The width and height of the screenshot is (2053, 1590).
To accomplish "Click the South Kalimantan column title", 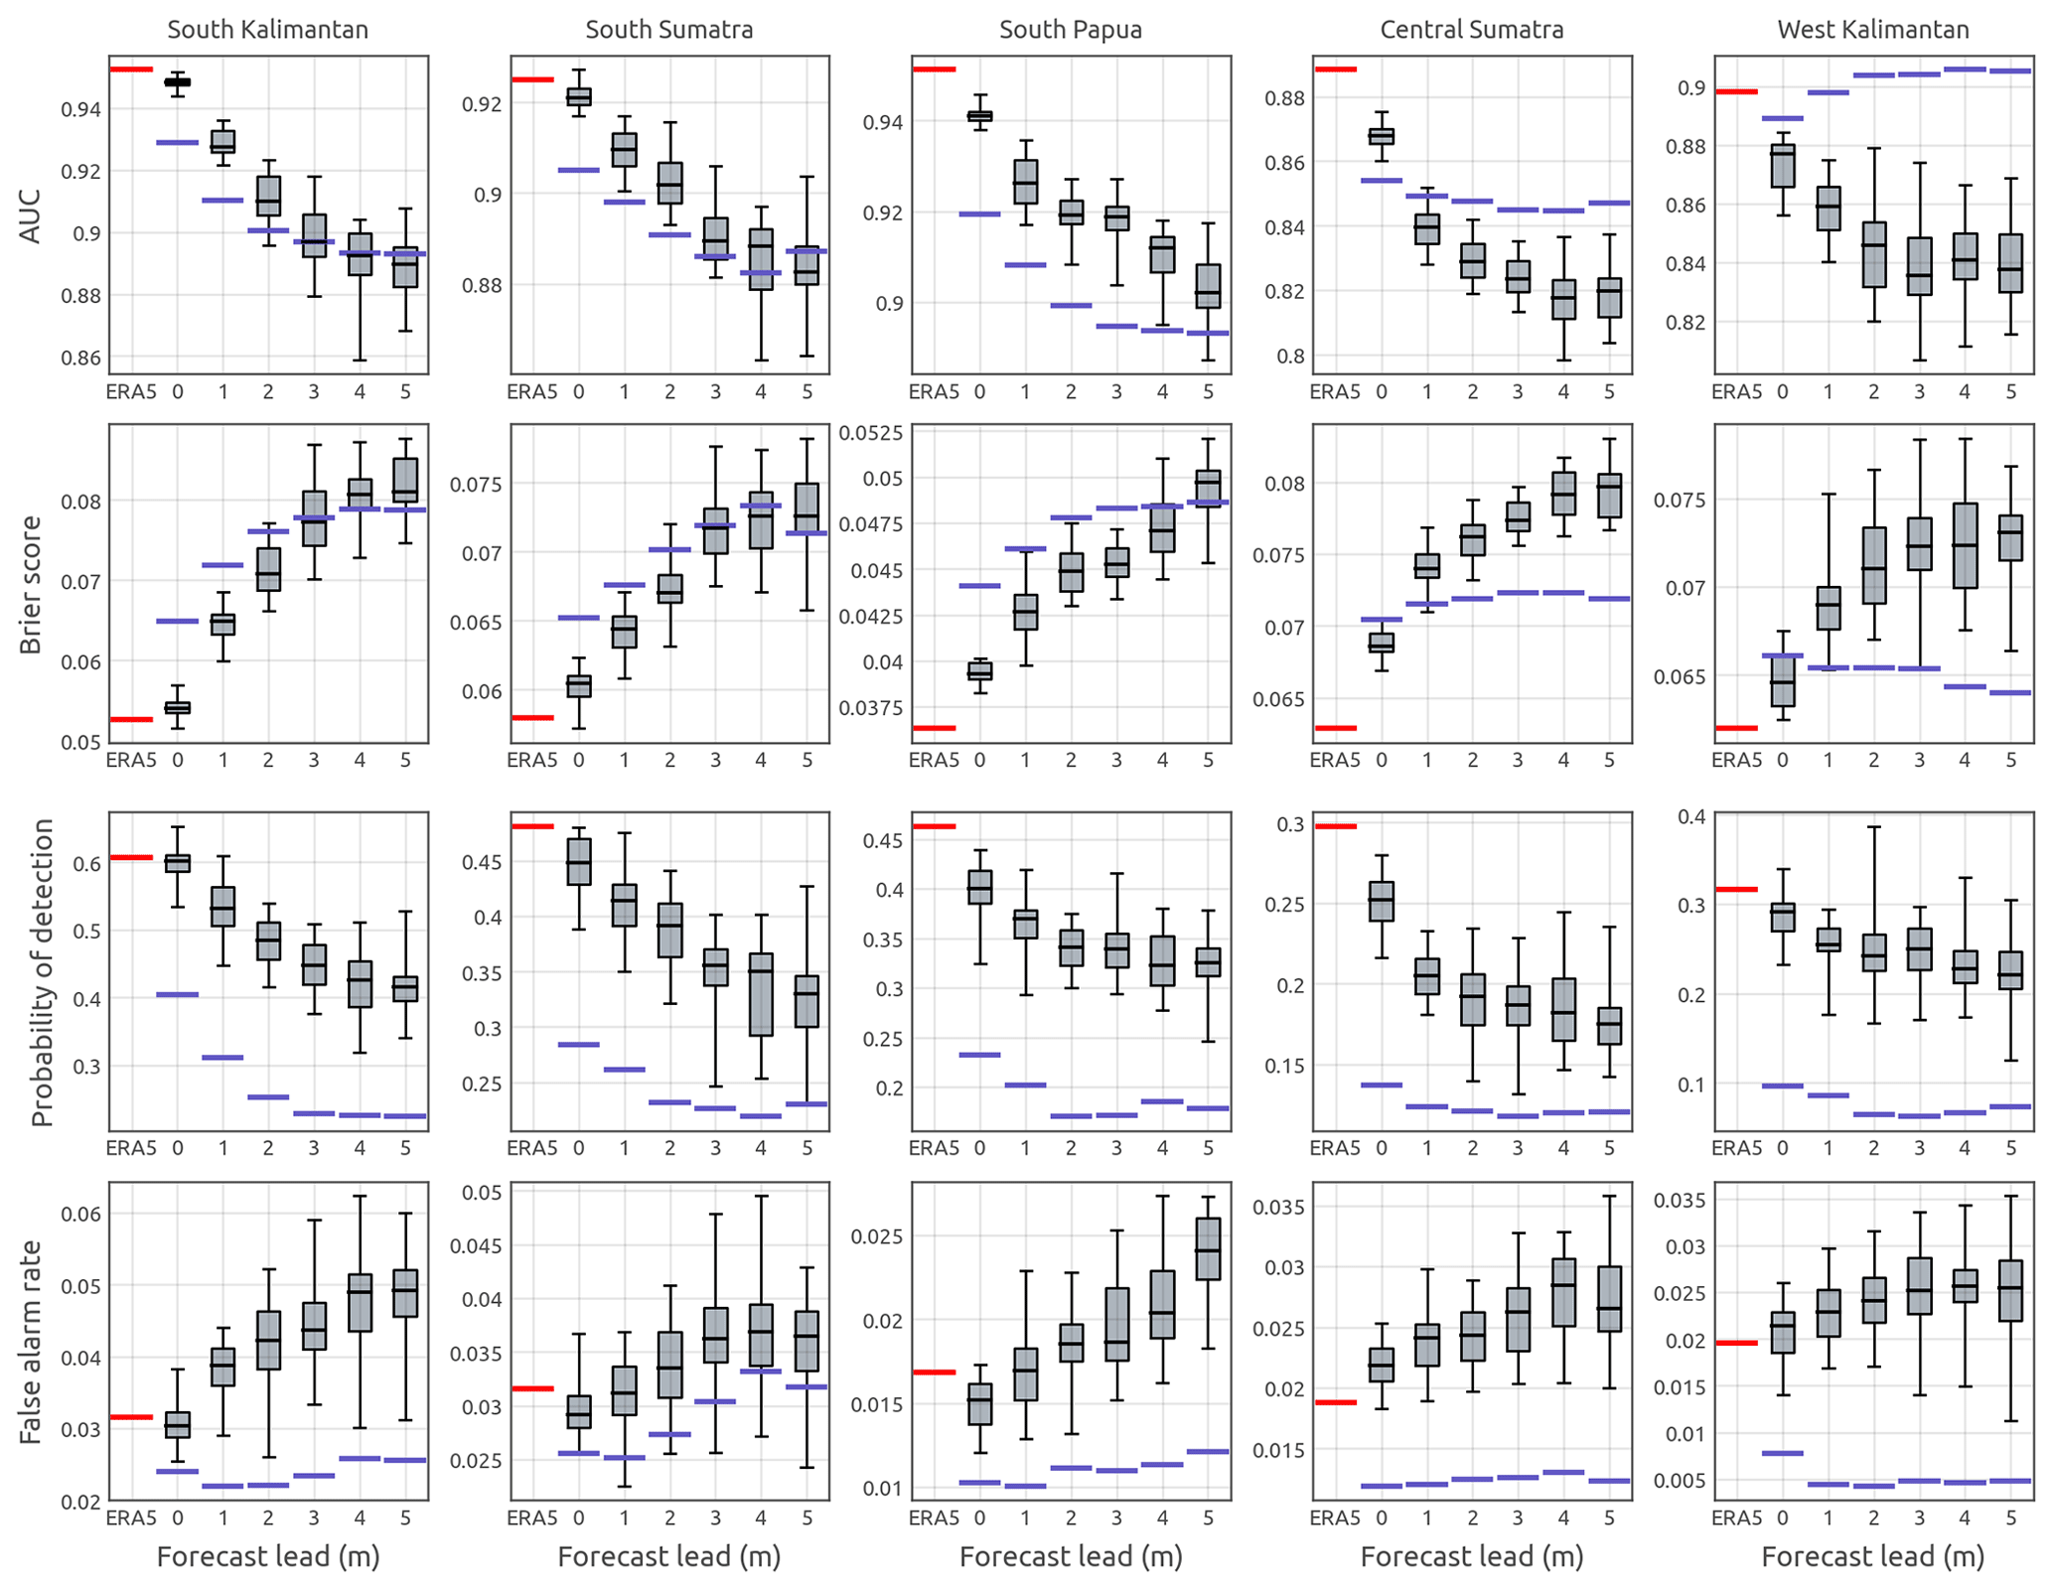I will point(267,30).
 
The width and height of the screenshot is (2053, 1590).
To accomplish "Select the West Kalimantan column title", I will point(1872,30).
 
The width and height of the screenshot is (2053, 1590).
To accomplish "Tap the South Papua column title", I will point(1070,30).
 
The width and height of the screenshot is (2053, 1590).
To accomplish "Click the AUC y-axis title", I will point(31,215).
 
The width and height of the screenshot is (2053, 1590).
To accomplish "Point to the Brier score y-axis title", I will point(31,584).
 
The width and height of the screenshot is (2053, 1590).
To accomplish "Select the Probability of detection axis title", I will point(41,972).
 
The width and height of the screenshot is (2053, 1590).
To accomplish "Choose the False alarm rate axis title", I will point(31,1341).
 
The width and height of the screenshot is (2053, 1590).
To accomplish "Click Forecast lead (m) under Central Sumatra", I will point(1471,1556).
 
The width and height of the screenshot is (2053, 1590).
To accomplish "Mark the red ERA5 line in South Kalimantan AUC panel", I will point(131,70).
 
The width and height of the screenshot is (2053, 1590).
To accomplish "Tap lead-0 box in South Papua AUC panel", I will point(979,116).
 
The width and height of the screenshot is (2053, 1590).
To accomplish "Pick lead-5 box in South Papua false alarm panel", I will point(1208,1248).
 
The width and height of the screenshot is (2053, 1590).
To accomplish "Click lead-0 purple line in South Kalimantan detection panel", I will point(177,994).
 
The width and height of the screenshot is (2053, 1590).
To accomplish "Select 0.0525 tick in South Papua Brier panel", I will point(871,433).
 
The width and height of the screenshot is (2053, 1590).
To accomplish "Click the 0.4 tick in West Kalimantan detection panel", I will point(1691,816).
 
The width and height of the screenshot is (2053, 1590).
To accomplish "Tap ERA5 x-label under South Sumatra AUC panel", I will point(531,392).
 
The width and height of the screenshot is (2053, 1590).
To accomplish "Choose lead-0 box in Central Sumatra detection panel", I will point(1381,901).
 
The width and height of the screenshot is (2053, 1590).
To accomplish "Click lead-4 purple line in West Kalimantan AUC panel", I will point(1964,70).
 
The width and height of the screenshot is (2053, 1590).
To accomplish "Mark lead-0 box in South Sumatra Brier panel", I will point(578,686).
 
